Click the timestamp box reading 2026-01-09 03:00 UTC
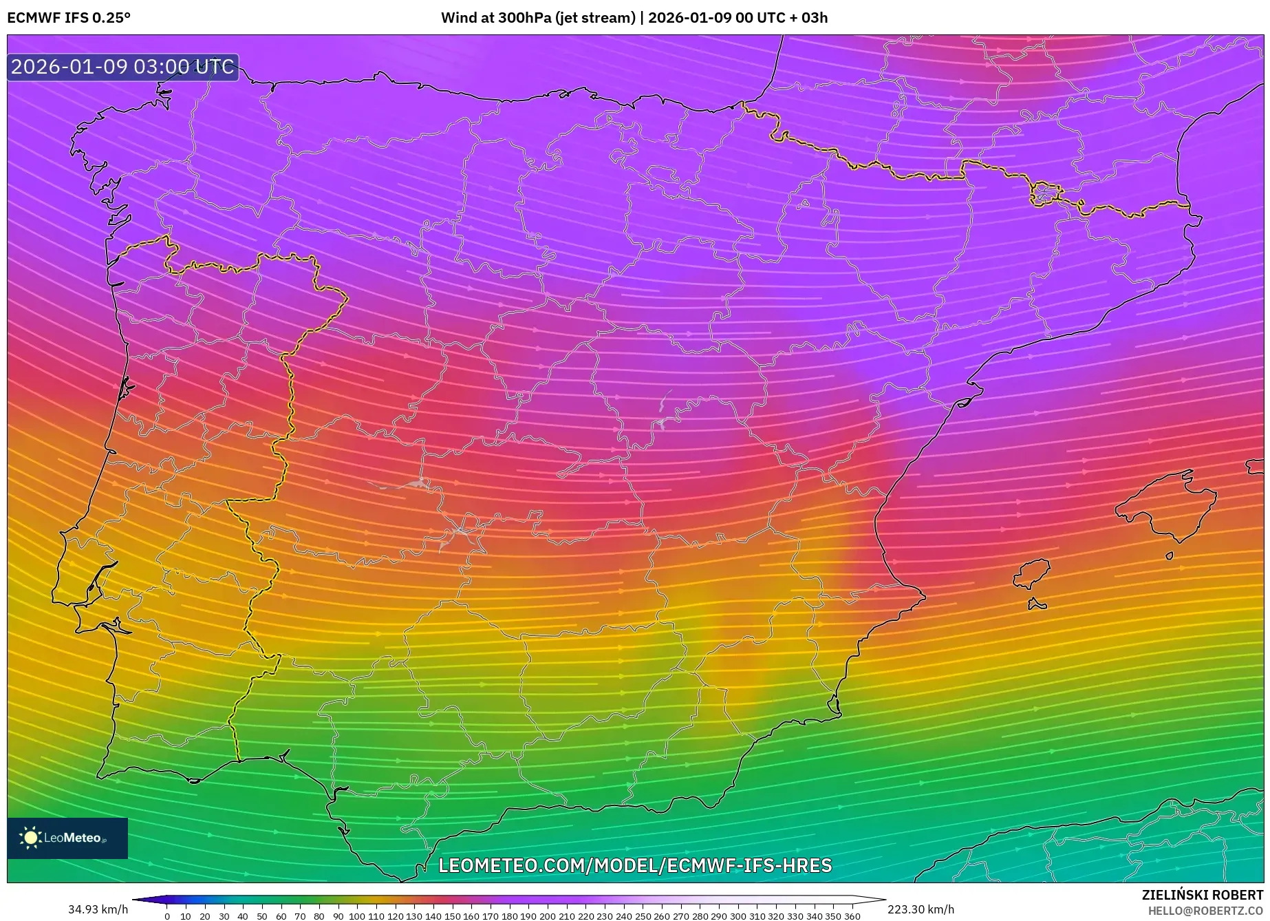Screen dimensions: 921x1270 pyautogui.click(x=122, y=67)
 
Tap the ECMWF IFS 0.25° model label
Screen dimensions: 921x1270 pyautogui.click(x=69, y=18)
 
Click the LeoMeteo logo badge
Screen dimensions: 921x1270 pyautogui.click(x=67, y=838)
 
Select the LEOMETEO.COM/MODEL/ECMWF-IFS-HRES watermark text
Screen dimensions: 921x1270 pyautogui.click(x=635, y=865)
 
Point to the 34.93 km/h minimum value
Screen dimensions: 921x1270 pyautogui.click(x=98, y=909)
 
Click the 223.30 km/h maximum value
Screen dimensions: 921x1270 pyautogui.click(x=921, y=909)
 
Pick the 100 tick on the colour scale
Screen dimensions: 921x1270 pyautogui.click(x=357, y=916)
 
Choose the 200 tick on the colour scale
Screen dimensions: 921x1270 pyautogui.click(x=548, y=916)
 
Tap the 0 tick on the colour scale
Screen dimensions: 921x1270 pyautogui.click(x=167, y=916)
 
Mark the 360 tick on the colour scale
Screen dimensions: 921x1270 pyautogui.click(x=852, y=916)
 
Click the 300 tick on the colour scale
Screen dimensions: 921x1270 pyautogui.click(x=738, y=916)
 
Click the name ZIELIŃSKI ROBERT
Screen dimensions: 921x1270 pyautogui.click(x=1202, y=895)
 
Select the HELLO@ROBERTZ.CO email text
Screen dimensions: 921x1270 pyautogui.click(x=1205, y=911)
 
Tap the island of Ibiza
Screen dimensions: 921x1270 pyautogui.click(x=1033, y=573)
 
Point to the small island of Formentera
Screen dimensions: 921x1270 pyautogui.click(x=1037, y=605)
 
